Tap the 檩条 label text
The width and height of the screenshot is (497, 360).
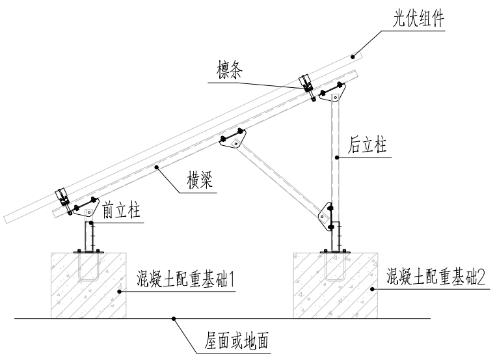tap(232, 71)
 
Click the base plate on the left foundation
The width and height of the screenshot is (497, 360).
tap(88, 251)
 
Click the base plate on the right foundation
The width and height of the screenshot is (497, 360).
tap(334, 251)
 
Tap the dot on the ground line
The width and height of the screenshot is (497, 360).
tap(174, 318)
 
